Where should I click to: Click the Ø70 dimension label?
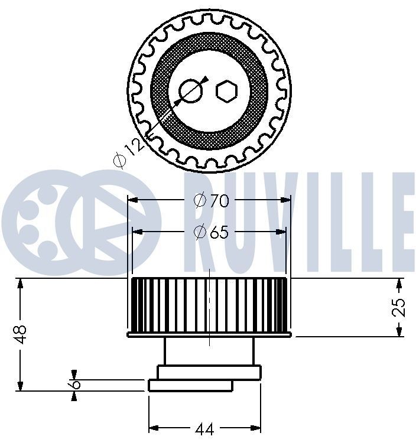(211, 201)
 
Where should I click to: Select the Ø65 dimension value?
(210, 232)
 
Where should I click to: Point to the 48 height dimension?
(21, 334)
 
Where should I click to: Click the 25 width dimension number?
(399, 307)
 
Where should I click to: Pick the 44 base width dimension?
(204, 429)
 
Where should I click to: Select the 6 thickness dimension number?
(74, 384)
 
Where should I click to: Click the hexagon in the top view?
(226, 90)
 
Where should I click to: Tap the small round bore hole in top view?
(190, 90)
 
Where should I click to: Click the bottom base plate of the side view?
(190, 386)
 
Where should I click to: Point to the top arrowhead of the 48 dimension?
(21, 282)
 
